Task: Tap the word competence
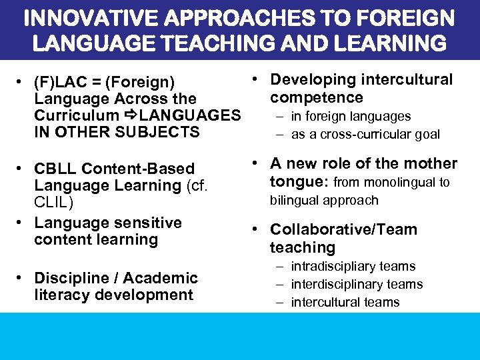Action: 316,98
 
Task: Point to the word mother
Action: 430,164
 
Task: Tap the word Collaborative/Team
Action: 343,229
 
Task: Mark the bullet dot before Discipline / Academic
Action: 23,278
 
